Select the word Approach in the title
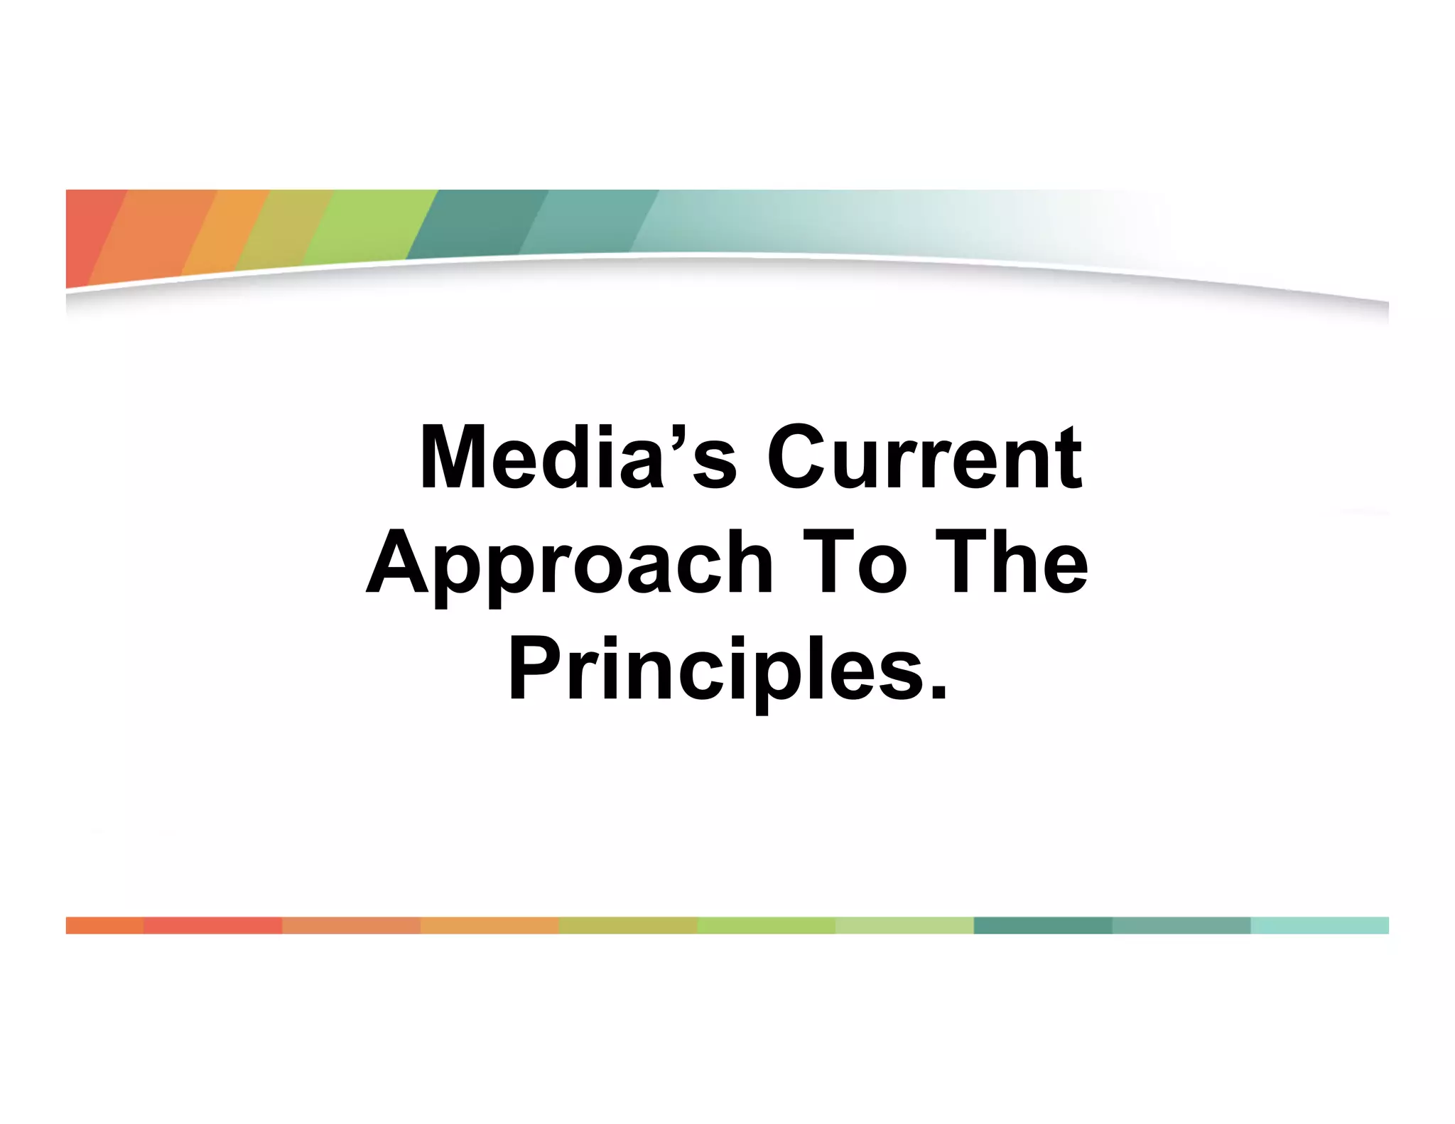(x=569, y=565)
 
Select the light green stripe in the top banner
(x=369, y=224)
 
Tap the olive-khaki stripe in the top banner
(x=284, y=227)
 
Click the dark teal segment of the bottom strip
(x=1042, y=925)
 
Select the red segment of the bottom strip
(x=212, y=925)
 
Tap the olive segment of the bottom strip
(x=628, y=925)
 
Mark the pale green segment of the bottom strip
(x=904, y=925)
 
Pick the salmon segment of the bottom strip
(x=351, y=925)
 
